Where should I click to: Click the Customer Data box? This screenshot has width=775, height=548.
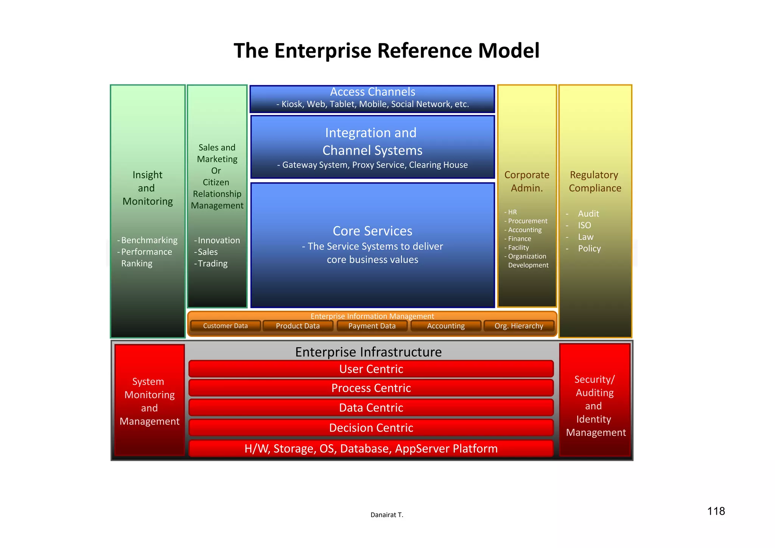point(226,326)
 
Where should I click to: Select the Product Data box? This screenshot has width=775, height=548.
point(298,326)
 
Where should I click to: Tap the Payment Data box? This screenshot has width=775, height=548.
point(372,326)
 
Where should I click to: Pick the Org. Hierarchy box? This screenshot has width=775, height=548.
point(519,326)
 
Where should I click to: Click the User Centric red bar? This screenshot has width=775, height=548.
point(371,369)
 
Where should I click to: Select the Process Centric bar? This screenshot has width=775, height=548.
point(371,388)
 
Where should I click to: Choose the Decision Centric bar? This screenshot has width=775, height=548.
point(371,428)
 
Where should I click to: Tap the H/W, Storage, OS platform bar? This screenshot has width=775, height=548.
point(371,448)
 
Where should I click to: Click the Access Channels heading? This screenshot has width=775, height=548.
point(372,92)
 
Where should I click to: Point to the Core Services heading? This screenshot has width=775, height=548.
point(372,231)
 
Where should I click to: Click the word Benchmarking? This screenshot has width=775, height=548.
point(149,240)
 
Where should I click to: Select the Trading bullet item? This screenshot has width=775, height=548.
point(213,263)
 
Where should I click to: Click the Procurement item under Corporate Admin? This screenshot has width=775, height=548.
point(528,221)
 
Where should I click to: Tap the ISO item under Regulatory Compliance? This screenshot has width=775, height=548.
point(584,225)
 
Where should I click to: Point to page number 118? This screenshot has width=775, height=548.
point(716,511)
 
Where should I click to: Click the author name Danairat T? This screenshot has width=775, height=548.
point(387,515)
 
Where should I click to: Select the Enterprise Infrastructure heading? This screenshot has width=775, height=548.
point(368,352)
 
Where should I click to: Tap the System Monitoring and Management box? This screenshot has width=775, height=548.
point(149,401)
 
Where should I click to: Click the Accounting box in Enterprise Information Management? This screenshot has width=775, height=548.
point(446,326)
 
